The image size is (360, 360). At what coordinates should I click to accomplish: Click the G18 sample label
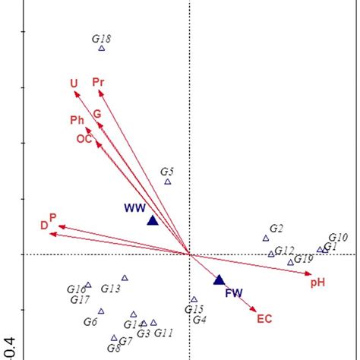point(101,38)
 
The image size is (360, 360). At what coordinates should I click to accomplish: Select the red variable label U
point(74,84)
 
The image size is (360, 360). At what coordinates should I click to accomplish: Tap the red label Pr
point(98,81)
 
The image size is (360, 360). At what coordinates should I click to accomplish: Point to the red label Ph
point(77,120)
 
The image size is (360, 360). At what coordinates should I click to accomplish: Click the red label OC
point(84,138)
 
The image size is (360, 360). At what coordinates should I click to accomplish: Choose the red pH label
point(317,283)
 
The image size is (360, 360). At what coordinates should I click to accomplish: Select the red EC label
point(264,318)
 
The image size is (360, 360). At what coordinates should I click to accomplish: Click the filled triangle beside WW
point(152,220)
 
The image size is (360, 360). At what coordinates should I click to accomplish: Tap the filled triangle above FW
point(219,279)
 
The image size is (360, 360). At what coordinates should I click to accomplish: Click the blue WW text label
point(135,207)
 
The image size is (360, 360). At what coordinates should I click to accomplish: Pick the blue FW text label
point(233,293)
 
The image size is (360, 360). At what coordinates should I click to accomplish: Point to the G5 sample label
point(167,172)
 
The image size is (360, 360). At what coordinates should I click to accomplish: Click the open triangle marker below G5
point(168,182)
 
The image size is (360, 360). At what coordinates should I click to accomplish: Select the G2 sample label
point(276,229)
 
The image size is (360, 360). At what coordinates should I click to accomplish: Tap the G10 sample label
point(338,238)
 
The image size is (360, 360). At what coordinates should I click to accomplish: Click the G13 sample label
point(111,289)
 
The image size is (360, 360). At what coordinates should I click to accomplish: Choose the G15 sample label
point(194,309)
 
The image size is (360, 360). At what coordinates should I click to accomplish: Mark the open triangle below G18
point(101,49)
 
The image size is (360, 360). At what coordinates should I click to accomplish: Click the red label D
point(44,225)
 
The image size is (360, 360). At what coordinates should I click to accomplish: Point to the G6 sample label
point(90,321)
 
